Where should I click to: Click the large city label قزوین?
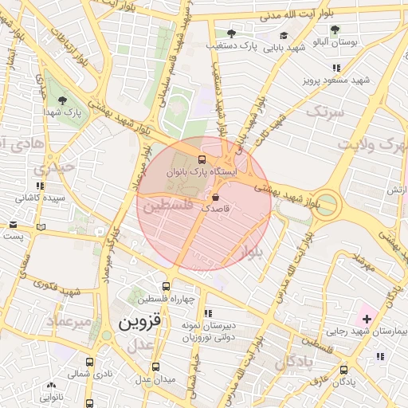pos(140,323)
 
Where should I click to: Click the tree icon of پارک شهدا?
pos(62,100)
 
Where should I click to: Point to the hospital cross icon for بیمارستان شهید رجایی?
pos(366,319)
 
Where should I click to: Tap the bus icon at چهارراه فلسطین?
pos(166,287)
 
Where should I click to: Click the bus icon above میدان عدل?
pos(155,367)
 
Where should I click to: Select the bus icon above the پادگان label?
pos(344,370)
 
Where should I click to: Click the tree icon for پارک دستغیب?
pos(231,33)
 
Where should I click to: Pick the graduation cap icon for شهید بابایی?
pos(284,36)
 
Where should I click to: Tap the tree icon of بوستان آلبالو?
pos(334,29)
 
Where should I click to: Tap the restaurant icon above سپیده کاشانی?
pos(40,185)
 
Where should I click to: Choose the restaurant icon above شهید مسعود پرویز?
pos(336,69)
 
